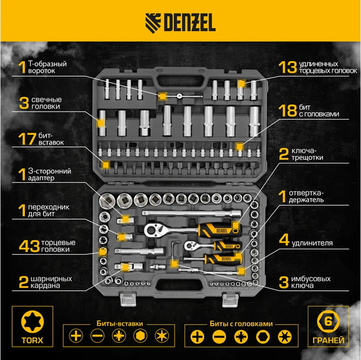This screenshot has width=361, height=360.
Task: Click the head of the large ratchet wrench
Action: (x=153, y=229)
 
